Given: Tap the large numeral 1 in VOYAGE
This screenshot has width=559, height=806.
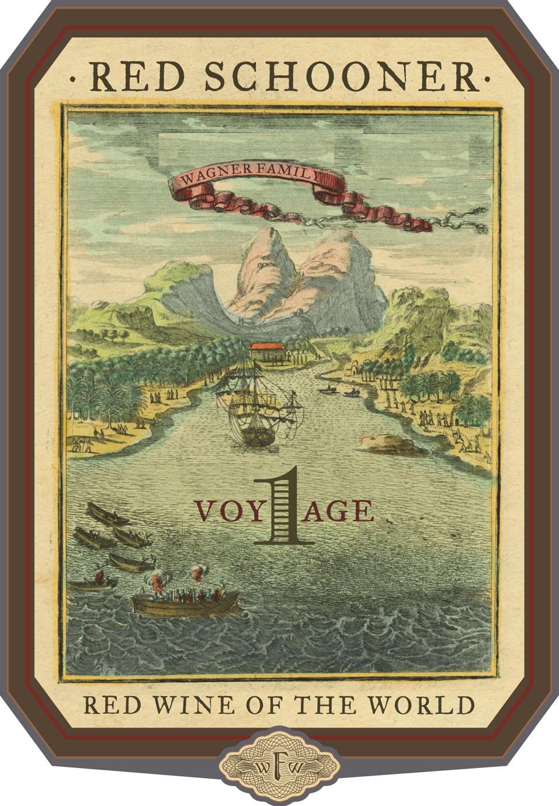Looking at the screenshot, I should click(x=284, y=506).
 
